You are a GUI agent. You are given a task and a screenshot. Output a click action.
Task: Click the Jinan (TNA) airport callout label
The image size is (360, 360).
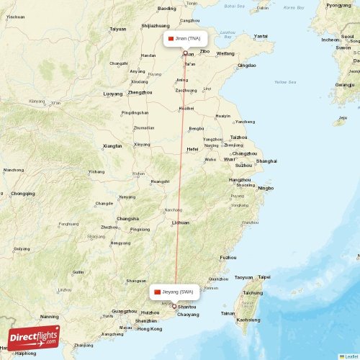click(186, 38)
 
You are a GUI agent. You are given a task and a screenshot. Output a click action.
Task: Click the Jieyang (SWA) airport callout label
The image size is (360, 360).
click(173, 292)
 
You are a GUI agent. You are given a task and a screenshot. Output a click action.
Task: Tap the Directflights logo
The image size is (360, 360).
click(34, 337)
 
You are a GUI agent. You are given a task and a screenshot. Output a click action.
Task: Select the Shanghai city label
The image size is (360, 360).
click(266, 161)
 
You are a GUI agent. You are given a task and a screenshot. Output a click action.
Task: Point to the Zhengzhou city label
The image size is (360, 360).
click(140, 93)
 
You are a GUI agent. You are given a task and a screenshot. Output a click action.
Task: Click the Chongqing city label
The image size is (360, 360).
click(22, 193)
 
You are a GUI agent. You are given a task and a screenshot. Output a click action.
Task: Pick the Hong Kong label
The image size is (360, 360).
click(150, 328)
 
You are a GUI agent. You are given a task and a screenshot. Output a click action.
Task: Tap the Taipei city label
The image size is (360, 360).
click(264, 276)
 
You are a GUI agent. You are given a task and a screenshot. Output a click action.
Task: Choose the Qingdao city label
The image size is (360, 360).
click(246, 66)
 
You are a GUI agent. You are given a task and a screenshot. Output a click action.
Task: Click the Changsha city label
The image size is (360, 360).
click(128, 218)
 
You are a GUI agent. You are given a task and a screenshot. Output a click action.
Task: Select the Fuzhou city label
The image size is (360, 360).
click(228, 257)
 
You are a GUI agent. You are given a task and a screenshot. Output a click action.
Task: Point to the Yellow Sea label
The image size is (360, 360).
click(285, 82)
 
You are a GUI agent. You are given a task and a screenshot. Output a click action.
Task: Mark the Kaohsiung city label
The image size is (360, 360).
click(248, 319)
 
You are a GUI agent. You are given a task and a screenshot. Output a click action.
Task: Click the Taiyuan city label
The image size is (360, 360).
click(117, 29)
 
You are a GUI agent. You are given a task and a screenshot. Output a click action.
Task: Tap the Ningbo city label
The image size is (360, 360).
click(266, 188)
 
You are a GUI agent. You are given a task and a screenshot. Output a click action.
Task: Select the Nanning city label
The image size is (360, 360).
click(50, 316)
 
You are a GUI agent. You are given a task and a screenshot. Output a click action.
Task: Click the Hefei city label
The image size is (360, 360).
click(192, 149)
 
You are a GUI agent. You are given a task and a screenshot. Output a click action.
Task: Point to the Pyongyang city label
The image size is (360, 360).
click(338, 5)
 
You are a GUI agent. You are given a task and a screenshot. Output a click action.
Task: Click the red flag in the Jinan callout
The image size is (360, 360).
click(171, 38)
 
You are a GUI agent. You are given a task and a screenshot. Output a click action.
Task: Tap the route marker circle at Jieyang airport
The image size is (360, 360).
click(174, 305)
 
